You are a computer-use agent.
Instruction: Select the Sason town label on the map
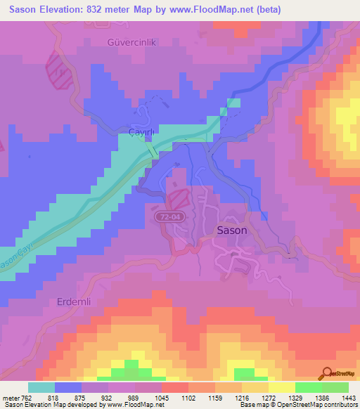click(x=231, y=230)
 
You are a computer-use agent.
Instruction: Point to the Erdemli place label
click(x=74, y=301)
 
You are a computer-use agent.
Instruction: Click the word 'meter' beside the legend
click(x=12, y=397)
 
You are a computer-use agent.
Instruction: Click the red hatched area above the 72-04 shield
click(x=176, y=198)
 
